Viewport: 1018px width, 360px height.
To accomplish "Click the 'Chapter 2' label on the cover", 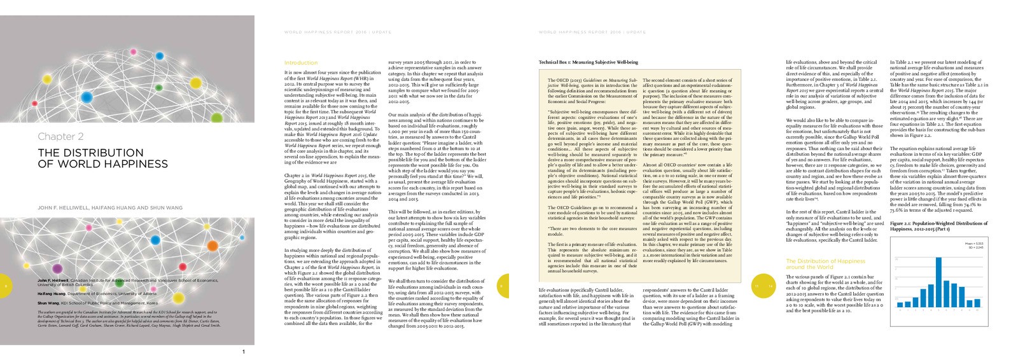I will (60, 136).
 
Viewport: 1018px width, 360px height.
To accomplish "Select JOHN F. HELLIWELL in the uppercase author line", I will (65, 208).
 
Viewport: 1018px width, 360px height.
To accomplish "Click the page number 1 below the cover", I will (244, 351).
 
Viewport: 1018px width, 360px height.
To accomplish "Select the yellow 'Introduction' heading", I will (300, 63).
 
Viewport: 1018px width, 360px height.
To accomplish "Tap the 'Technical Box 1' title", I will (589, 62).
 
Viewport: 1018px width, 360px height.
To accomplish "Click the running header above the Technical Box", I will (583, 31).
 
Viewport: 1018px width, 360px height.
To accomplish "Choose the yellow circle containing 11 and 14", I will (763, 286).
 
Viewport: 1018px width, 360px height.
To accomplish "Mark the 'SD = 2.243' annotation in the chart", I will (976, 247).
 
